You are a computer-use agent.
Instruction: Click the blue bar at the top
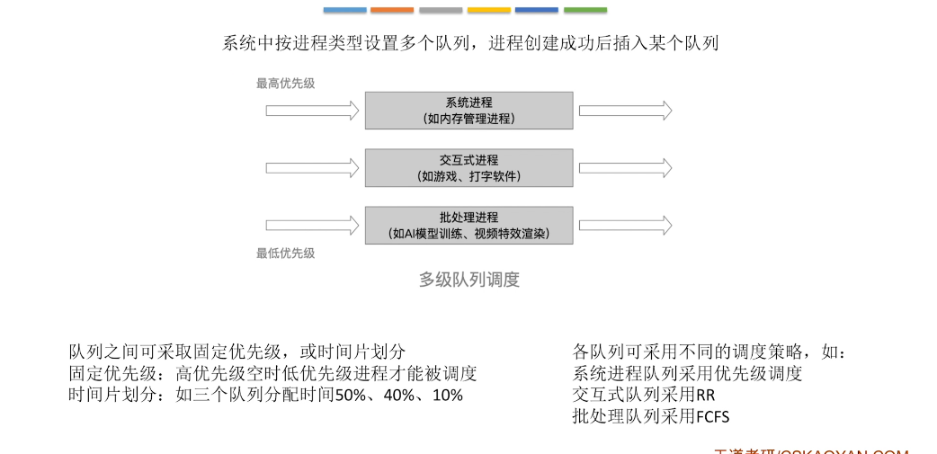pyautogui.click(x=345, y=10)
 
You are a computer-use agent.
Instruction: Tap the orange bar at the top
pyautogui.click(x=392, y=10)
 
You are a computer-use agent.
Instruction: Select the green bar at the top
pyautogui.click(x=585, y=10)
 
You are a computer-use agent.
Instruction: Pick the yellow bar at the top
pyautogui.click(x=489, y=10)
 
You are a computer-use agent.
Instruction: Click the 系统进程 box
pyautogui.click(x=468, y=110)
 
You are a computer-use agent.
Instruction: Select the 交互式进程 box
pyautogui.click(x=468, y=167)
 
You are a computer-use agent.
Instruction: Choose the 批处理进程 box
pyautogui.click(x=468, y=225)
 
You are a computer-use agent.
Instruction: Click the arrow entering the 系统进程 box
pyautogui.click(x=312, y=110)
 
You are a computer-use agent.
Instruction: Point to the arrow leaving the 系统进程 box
pyautogui.click(x=625, y=110)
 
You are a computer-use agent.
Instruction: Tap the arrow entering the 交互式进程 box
pyautogui.click(x=312, y=167)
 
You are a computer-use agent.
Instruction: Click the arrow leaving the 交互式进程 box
pyautogui.click(x=625, y=167)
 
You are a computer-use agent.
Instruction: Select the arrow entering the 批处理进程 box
pyautogui.click(x=312, y=225)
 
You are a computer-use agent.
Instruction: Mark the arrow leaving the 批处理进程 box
pyautogui.click(x=625, y=225)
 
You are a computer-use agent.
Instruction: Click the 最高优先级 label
pyautogui.click(x=286, y=84)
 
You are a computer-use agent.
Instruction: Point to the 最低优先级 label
pyautogui.click(x=286, y=254)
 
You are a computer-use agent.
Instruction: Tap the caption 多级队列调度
pyautogui.click(x=469, y=280)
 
